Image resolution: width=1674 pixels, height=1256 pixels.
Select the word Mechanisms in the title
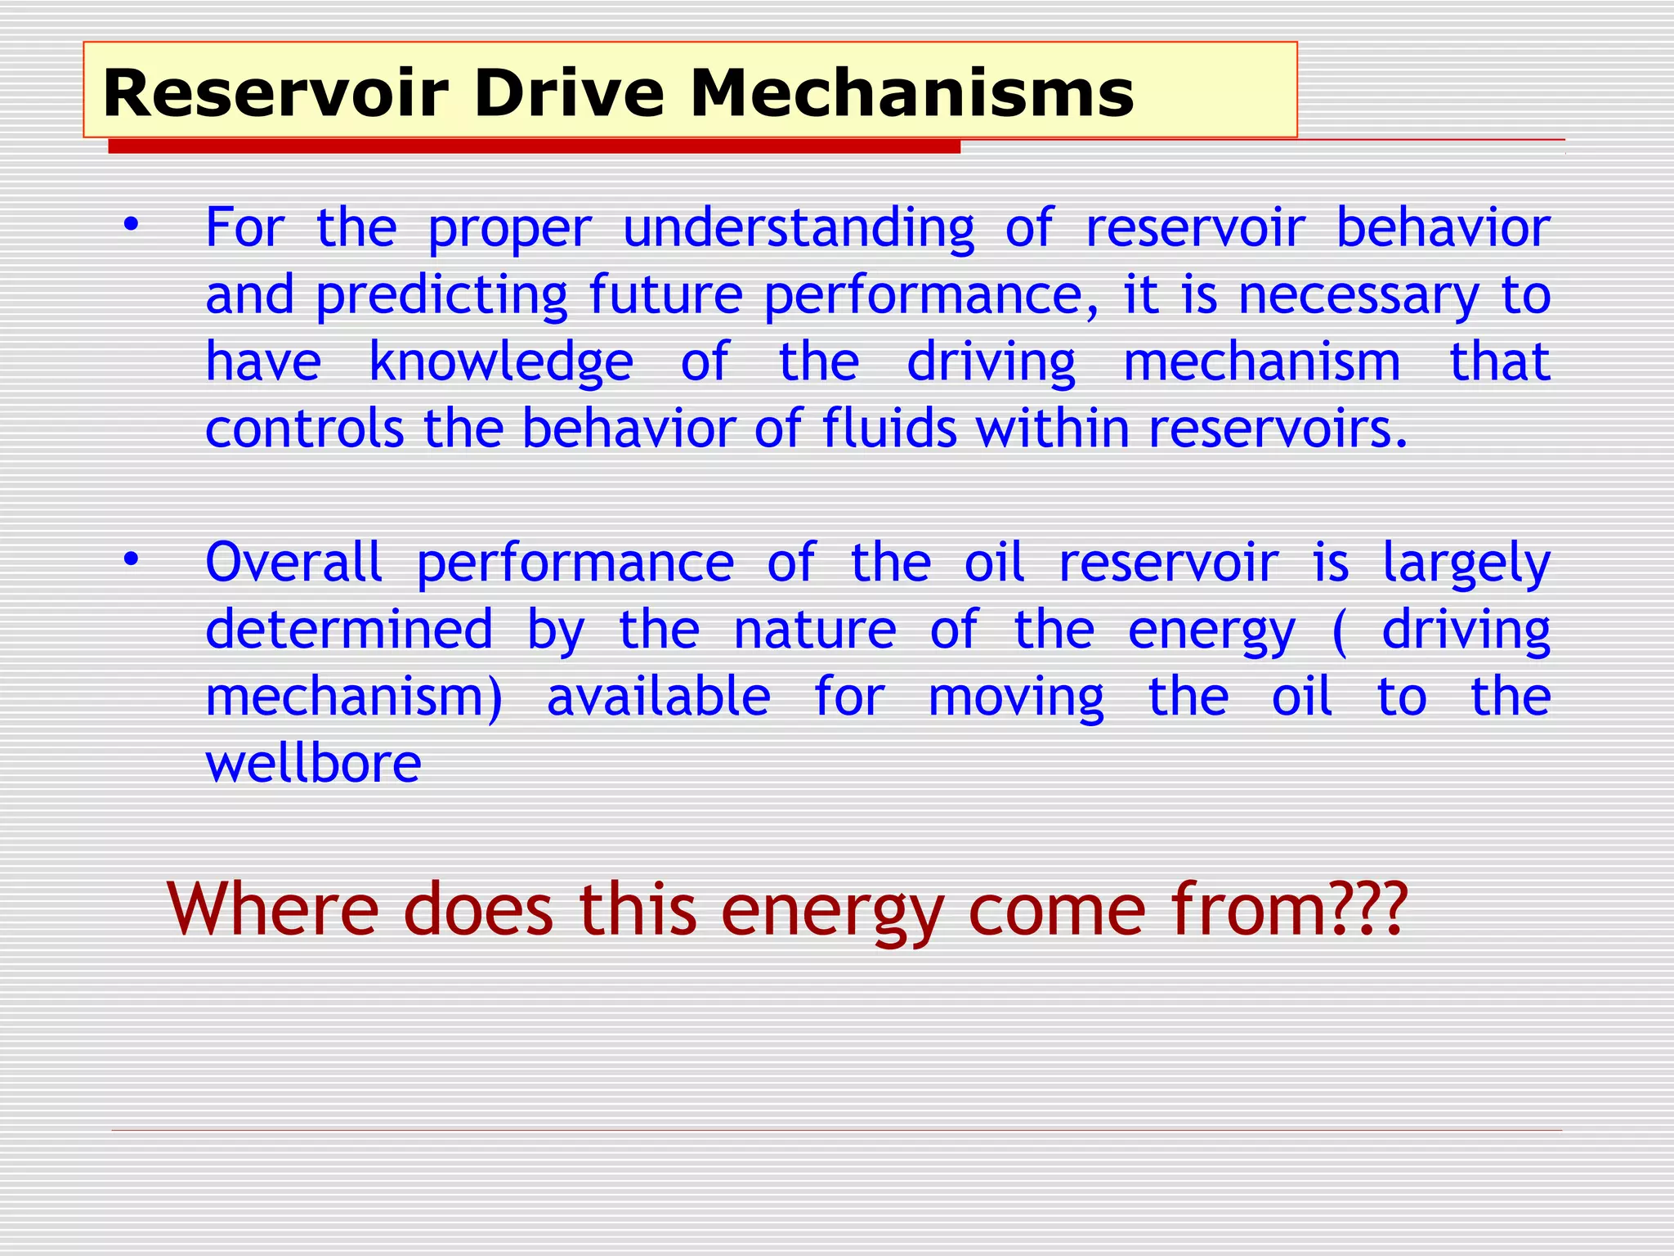click(x=912, y=93)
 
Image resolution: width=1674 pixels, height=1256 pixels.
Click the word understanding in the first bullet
click(x=799, y=228)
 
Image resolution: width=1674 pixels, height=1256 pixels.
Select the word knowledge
click(x=501, y=362)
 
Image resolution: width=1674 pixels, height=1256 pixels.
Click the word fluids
click(x=889, y=428)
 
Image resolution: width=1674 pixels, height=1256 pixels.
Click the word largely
click(x=1466, y=564)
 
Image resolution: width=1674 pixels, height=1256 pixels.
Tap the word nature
click(x=815, y=630)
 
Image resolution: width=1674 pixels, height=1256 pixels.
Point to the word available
click(x=659, y=697)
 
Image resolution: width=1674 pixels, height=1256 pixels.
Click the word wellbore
click(x=313, y=764)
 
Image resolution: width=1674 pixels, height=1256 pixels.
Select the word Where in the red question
click(x=273, y=909)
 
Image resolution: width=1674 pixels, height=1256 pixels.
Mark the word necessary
click(x=1358, y=295)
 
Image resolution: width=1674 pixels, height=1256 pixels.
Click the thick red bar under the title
click(x=534, y=147)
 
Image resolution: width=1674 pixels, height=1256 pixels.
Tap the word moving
click(x=1016, y=698)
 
